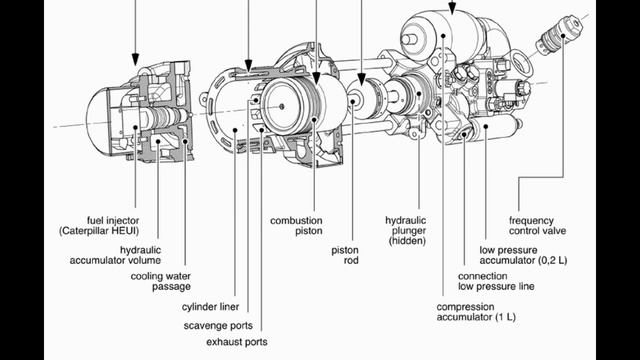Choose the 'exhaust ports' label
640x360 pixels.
pos(237,342)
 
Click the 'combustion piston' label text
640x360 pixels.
pos(296,226)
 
